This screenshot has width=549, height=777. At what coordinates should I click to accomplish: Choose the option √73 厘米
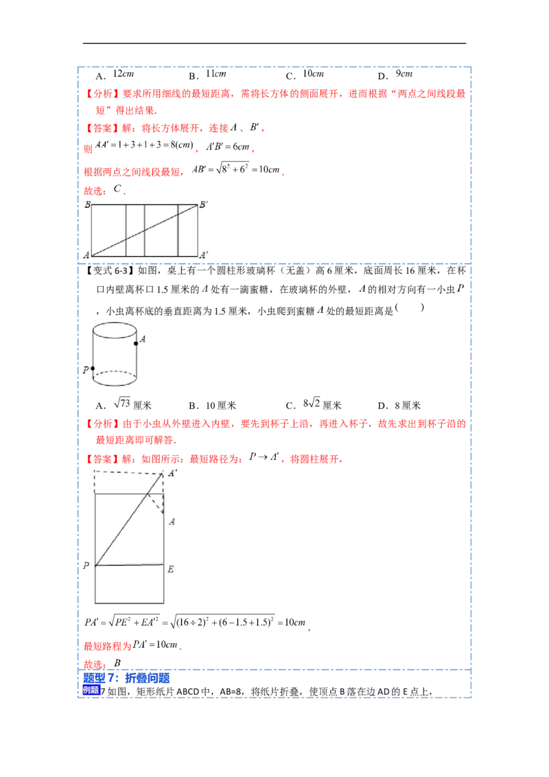pos(132,404)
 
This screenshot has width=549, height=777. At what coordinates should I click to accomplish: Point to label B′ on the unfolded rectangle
pos(204,205)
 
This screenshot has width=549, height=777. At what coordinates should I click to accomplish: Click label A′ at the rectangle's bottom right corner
pos(204,255)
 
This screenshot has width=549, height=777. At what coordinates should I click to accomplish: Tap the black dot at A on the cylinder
pos(136,343)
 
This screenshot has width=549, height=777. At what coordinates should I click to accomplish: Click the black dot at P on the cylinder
pos(93,369)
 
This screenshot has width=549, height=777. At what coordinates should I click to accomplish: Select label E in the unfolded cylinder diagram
pos(170,570)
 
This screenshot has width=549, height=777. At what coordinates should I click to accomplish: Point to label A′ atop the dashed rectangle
pos(172,473)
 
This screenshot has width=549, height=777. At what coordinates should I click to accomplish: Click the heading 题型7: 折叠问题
pos(126,678)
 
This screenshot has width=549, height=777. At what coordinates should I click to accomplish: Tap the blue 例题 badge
pos(91,691)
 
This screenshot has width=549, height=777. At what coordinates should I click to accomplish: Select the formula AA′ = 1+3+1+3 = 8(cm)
pos(144,146)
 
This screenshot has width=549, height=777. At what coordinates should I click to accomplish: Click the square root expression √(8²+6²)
pos(233,168)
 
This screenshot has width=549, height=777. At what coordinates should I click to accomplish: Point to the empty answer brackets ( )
pos(410,308)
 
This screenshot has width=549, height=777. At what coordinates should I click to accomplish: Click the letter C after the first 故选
pos(117,189)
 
